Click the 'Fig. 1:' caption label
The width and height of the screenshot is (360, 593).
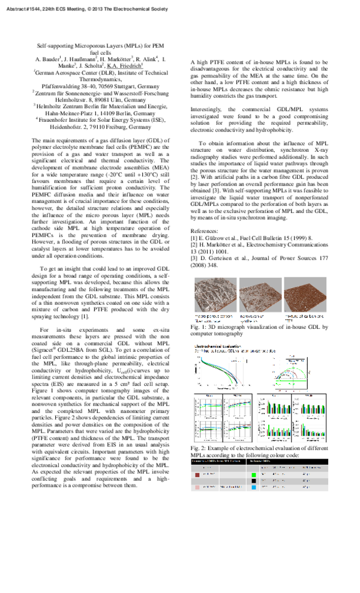[200, 327]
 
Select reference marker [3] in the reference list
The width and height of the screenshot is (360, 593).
[194, 257]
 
